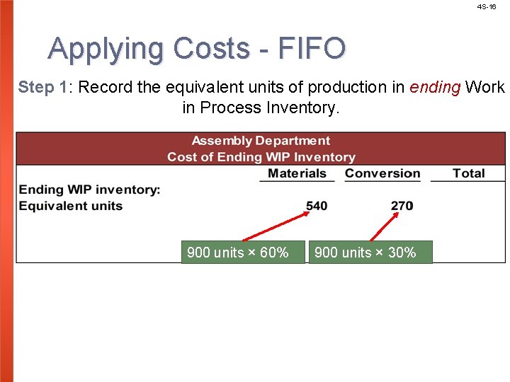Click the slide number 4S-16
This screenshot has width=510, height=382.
[487, 6]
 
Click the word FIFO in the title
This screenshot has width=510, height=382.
[312, 49]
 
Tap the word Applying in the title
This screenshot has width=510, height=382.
[106, 49]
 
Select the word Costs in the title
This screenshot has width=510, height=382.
[211, 49]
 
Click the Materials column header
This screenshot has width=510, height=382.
[297, 173]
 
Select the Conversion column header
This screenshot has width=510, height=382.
[382, 173]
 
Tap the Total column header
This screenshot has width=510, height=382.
[468, 173]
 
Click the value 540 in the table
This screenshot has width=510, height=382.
[317, 206]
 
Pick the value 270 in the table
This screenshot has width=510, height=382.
[402, 206]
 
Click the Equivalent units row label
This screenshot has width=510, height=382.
[71, 206]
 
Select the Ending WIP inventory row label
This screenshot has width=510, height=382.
[89, 190]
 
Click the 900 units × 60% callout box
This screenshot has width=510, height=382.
[237, 253]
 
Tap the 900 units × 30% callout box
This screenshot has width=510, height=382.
[365, 253]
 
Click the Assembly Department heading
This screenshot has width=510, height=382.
[261, 141]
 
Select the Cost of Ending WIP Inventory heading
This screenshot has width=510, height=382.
[261, 157]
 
